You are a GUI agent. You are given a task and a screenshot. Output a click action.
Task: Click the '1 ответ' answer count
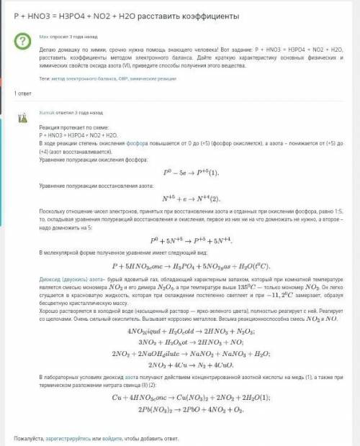tap(23, 94)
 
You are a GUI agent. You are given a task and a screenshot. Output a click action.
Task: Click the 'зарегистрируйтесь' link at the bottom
tap(79, 438)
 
